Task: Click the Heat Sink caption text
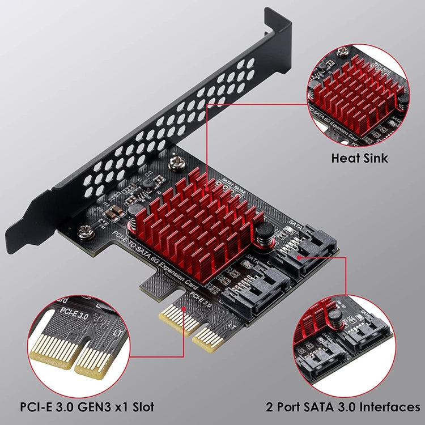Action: click(360, 158)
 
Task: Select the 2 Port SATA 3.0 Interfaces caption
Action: click(343, 407)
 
